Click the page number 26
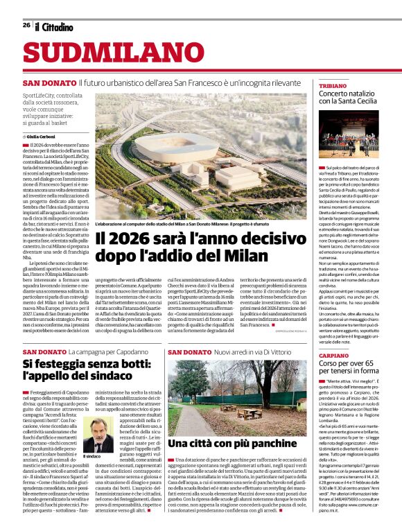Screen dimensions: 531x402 [x=26, y=26]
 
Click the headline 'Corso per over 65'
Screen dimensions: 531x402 [x=347, y=364]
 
